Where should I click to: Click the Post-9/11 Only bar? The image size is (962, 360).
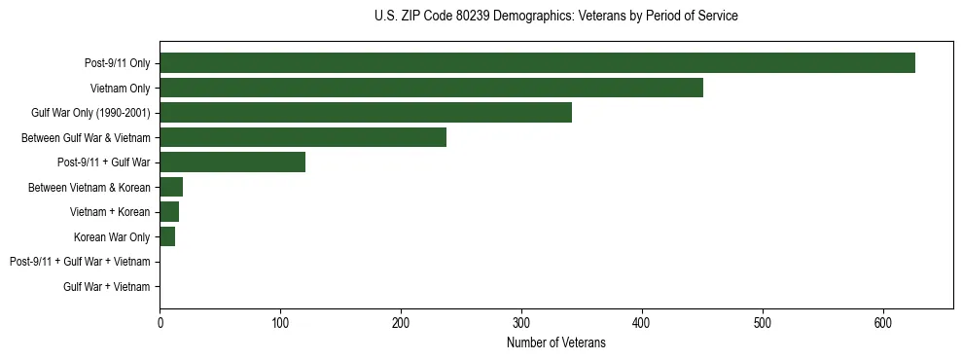pyautogui.click(x=537, y=63)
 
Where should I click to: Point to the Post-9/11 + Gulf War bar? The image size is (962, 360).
pyautogui.click(x=232, y=162)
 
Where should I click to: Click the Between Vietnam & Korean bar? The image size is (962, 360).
pyautogui.click(x=171, y=187)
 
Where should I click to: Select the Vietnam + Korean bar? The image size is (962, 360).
pyautogui.click(x=169, y=212)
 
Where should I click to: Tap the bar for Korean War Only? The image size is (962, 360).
pyautogui.click(x=167, y=236)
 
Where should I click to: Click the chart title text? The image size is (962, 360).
pyautogui.click(x=555, y=17)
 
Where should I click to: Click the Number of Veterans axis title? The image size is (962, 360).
pyautogui.click(x=555, y=343)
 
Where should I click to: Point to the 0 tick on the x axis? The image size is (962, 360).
pyautogui.click(x=160, y=322)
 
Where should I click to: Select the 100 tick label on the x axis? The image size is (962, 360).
pyautogui.click(x=280, y=322)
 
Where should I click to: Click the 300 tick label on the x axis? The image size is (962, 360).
pyautogui.click(x=521, y=322)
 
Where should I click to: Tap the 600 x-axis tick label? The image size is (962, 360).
pyautogui.click(x=883, y=322)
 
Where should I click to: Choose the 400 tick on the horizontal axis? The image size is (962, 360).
pyautogui.click(x=642, y=322)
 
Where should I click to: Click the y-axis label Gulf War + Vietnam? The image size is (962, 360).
pyautogui.click(x=107, y=287)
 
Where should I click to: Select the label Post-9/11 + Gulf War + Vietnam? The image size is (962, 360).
pyautogui.click(x=80, y=262)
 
